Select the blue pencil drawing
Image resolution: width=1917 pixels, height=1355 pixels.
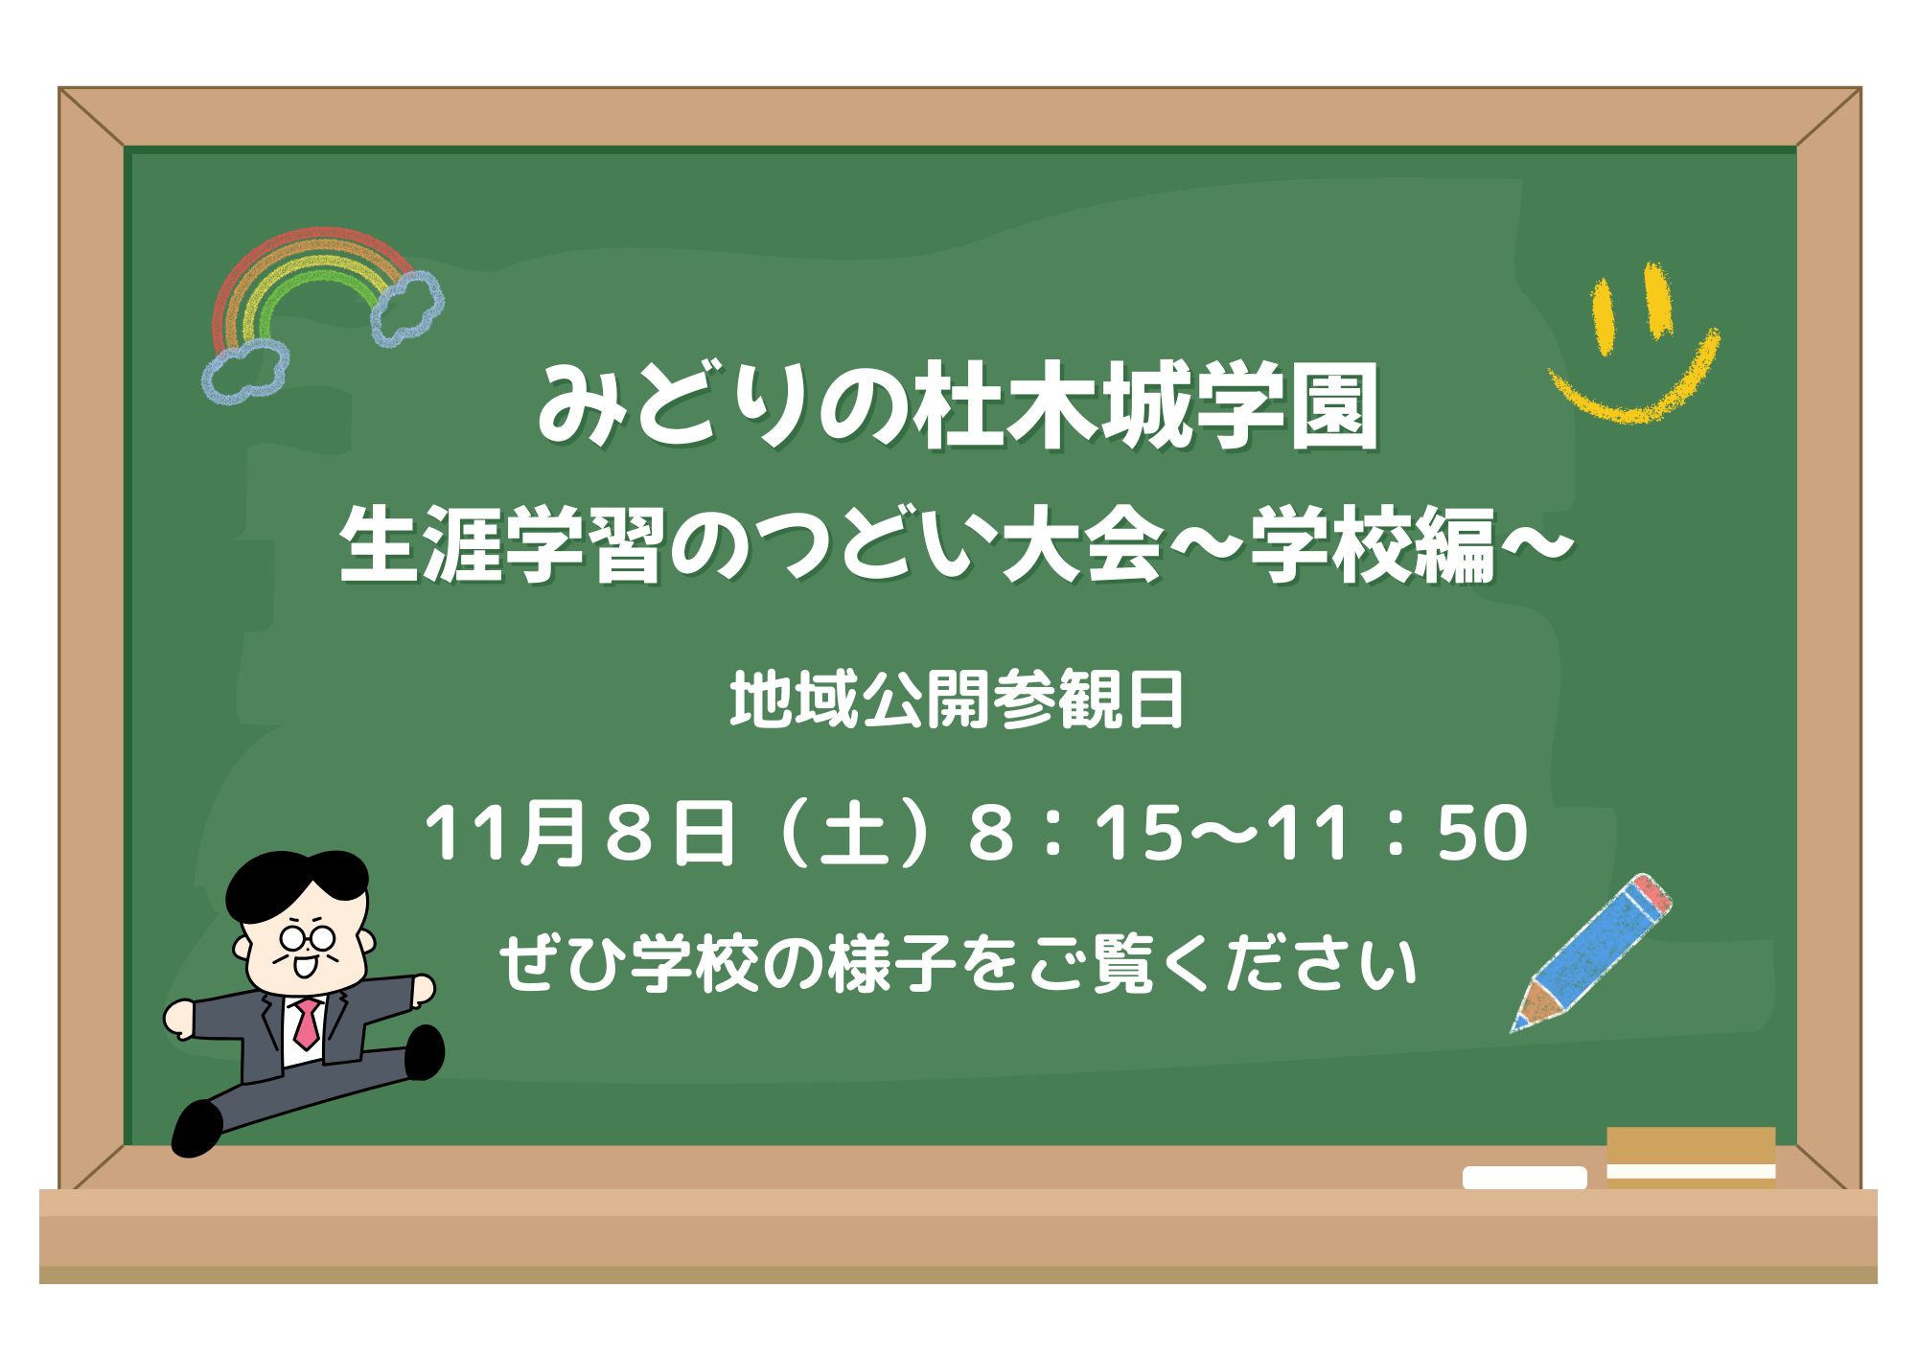tap(1591, 953)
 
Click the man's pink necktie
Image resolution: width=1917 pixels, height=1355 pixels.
tap(307, 1022)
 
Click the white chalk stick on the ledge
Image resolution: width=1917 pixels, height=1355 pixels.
tap(1524, 1178)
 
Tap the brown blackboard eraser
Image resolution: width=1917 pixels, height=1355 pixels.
tap(1691, 1158)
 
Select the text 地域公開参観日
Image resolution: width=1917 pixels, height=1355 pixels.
tap(957, 700)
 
